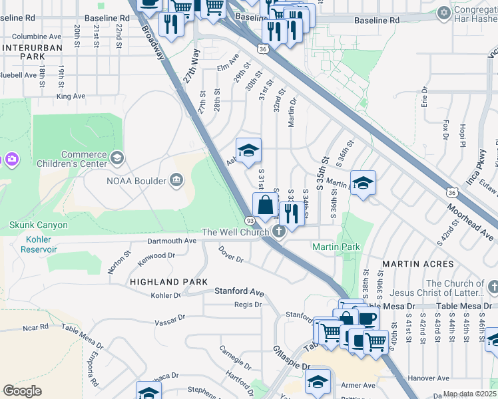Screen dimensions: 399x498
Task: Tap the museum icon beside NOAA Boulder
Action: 176,179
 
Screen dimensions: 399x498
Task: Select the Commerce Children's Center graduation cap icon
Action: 117,158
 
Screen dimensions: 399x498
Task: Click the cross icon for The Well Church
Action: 280,231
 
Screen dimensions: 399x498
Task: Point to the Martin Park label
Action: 336,247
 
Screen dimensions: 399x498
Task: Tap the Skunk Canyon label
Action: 39,225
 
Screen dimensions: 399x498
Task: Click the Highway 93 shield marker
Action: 250,220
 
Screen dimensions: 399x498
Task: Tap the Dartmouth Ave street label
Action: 172,240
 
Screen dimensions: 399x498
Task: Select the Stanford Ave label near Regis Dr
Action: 239,292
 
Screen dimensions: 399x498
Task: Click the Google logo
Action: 22,391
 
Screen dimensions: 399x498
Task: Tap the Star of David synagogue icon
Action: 444,12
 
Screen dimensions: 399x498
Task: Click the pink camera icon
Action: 11,160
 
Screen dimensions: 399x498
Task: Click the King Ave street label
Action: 71,96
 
